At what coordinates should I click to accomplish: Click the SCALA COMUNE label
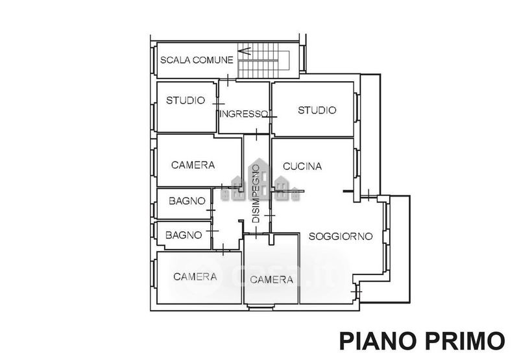pyautogui.click(x=197, y=60)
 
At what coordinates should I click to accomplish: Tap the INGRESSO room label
pyautogui.click(x=244, y=114)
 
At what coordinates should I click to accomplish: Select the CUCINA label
pyautogui.click(x=302, y=166)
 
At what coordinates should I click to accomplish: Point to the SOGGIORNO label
pyautogui.click(x=340, y=236)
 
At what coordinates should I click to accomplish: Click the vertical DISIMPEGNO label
pyautogui.click(x=256, y=193)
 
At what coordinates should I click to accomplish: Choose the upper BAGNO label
pyautogui.click(x=187, y=201)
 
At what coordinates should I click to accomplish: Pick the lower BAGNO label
pyautogui.click(x=184, y=235)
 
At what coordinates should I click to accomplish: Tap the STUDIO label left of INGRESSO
pyautogui.click(x=186, y=101)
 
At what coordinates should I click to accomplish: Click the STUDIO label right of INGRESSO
pyautogui.click(x=317, y=110)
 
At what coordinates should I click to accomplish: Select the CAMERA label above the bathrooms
pyautogui.click(x=193, y=165)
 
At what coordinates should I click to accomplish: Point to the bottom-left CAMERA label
pyautogui.click(x=195, y=276)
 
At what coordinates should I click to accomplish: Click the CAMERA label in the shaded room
pyautogui.click(x=271, y=280)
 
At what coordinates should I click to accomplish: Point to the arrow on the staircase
pyautogui.click(x=245, y=51)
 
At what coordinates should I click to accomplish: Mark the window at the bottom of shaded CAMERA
pyautogui.click(x=261, y=307)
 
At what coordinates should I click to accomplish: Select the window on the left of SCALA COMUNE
pyautogui.click(x=153, y=60)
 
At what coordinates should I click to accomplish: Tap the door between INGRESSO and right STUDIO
pyautogui.click(x=271, y=117)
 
